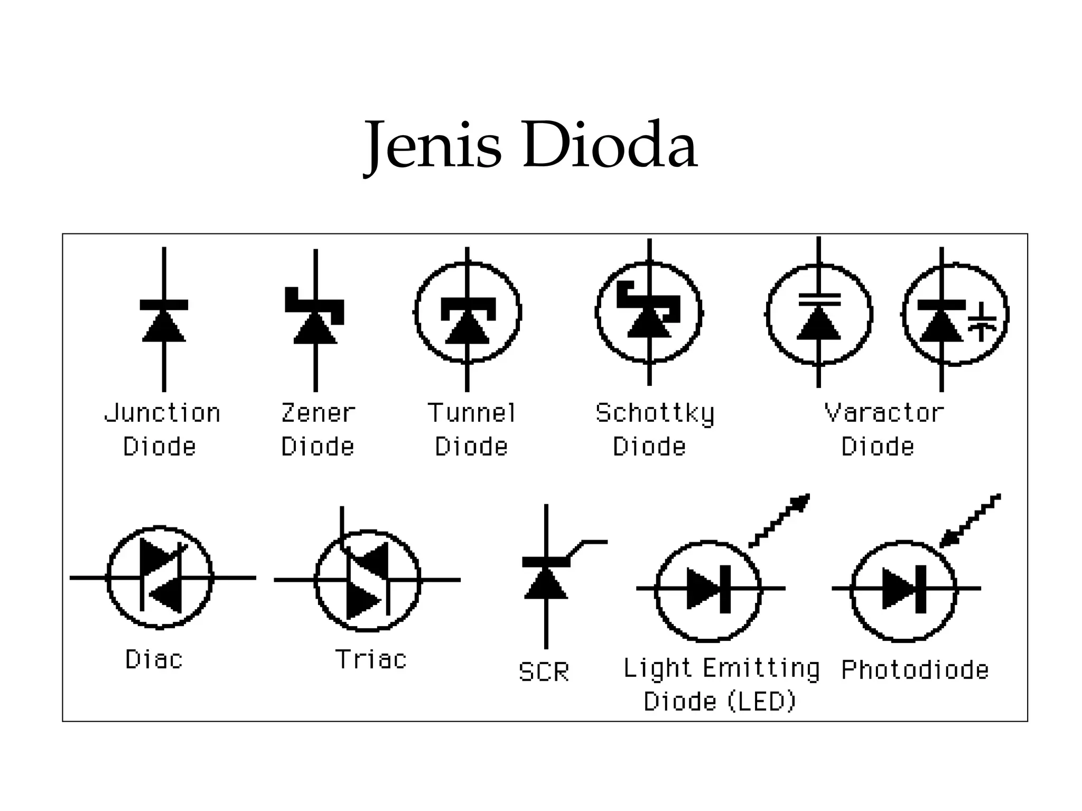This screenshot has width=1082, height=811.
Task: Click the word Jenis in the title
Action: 433,145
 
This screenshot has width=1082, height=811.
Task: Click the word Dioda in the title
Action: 610,145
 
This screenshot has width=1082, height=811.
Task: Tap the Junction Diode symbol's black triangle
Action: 164,327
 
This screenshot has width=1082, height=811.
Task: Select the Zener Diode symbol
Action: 315,317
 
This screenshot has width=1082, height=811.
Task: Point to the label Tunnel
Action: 471,413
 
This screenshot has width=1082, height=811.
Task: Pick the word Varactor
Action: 884,413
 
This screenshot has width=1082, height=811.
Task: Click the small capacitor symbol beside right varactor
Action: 982,322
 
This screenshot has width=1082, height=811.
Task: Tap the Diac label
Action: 154,659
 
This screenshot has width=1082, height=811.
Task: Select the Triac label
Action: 371,659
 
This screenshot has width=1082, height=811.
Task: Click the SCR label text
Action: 544,672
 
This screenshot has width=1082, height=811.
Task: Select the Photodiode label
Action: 915,670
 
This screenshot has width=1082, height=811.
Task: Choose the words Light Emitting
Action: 721,668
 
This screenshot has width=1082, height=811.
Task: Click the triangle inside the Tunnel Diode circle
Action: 468,328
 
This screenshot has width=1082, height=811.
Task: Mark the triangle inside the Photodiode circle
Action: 898,588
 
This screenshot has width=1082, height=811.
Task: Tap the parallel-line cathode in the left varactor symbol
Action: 819,299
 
